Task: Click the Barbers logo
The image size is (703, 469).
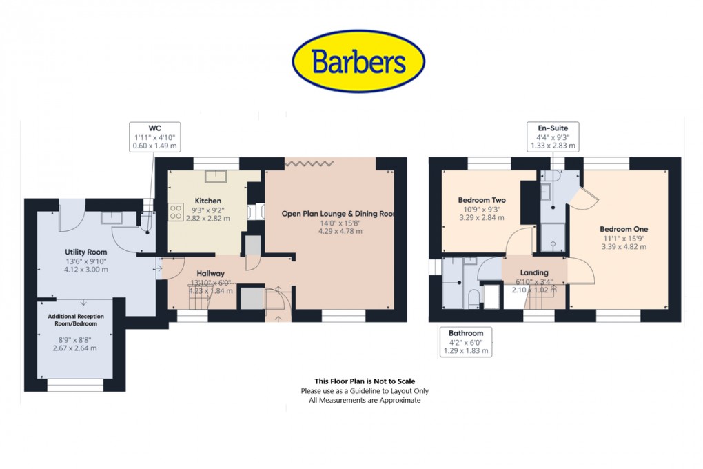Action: [x=358, y=62]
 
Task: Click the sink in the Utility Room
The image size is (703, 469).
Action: [x=110, y=218]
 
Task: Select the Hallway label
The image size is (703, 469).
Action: [x=211, y=272]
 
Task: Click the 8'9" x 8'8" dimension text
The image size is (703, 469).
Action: [x=74, y=339]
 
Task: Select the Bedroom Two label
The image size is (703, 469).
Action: [x=481, y=200]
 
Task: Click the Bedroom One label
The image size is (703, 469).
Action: [x=624, y=229]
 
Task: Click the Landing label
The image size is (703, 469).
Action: [x=534, y=272]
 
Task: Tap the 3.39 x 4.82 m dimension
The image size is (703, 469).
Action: [x=624, y=246]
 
